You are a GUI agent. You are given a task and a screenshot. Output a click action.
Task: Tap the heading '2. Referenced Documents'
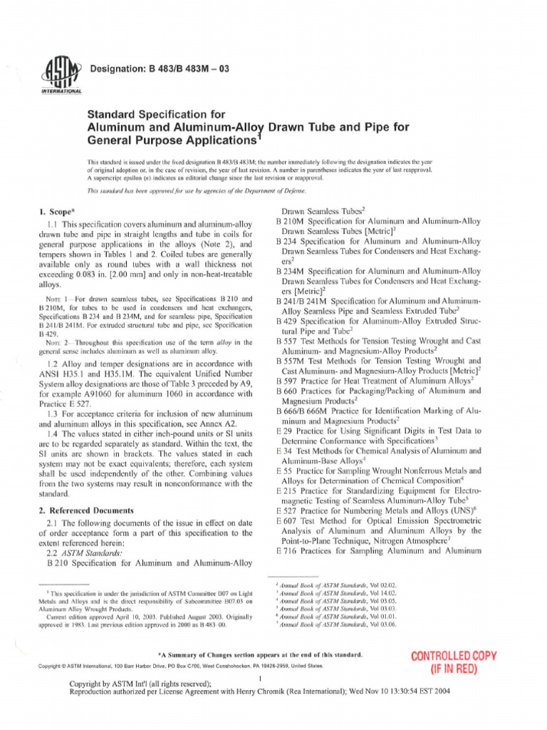click(x=93, y=510)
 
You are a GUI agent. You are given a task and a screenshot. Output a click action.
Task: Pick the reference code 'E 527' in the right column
click(x=288, y=511)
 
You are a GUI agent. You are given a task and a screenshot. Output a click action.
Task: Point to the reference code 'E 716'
click(x=287, y=551)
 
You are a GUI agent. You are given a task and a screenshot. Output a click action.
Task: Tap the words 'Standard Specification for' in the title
click(x=155, y=113)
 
